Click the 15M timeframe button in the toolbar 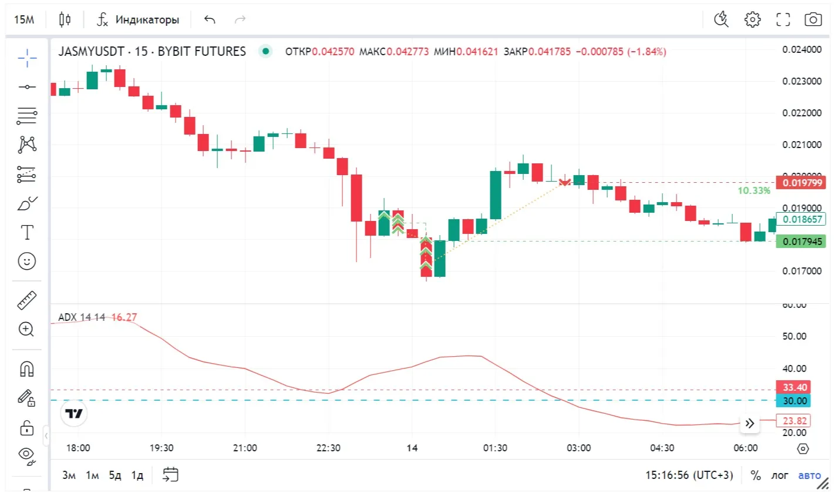(x=24, y=19)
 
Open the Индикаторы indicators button (x=139, y=19)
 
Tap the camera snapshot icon (x=813, y=19)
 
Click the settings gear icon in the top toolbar (x=752, y=19)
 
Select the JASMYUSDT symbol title (x=91, y=51)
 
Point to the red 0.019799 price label (x=801, y=183)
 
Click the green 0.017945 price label (x=801, y=242)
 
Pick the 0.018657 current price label (x=801, y=219)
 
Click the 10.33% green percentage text (x=753, y=190)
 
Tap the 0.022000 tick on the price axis (x=802, y=113)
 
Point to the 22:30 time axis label (x=328, y=448)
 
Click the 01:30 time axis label (x=495, y=448)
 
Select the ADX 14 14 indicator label (x=81, y=317)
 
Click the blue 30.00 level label (x=794, y=401)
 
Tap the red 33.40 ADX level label (x=794, y=387)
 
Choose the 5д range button (x=115, y=475)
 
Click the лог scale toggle (x=780, y=475)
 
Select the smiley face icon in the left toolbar (x=26, y=261)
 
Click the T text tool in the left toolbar (x=27, y=232)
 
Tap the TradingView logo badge (x=74, y=414)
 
